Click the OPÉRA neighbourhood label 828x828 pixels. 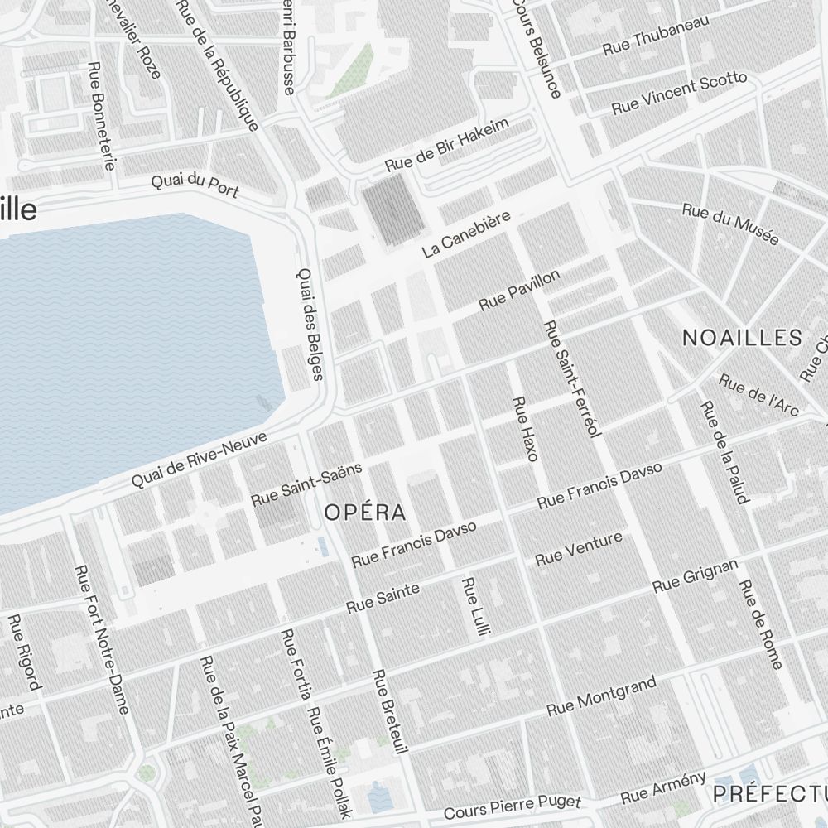pyautogui.click(x=365, y=513)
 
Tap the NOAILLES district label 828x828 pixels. pyautogui.click(x=742, y=338)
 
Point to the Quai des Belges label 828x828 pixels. pyautogui.click(x=309, y=324)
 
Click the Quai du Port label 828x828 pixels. pyautogui.click(x=195, y=185)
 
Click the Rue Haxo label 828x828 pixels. pyautogui.click(x=526, y=428)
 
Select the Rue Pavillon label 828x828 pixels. pyautogui.click(x=519, y=291)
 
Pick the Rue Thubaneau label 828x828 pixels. pyautogui.click(x=656, y=36)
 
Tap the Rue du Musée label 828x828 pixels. pyautogui.click(x=730, y=224)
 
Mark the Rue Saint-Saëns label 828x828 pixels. pyautogui.click(x=306, y=484)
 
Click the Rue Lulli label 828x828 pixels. pyautogui.click(x=472, y=607)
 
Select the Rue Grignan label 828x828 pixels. pyautogui.click(x=695, y=575)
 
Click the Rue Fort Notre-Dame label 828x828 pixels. pyautogui.click(x=103, y=638)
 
